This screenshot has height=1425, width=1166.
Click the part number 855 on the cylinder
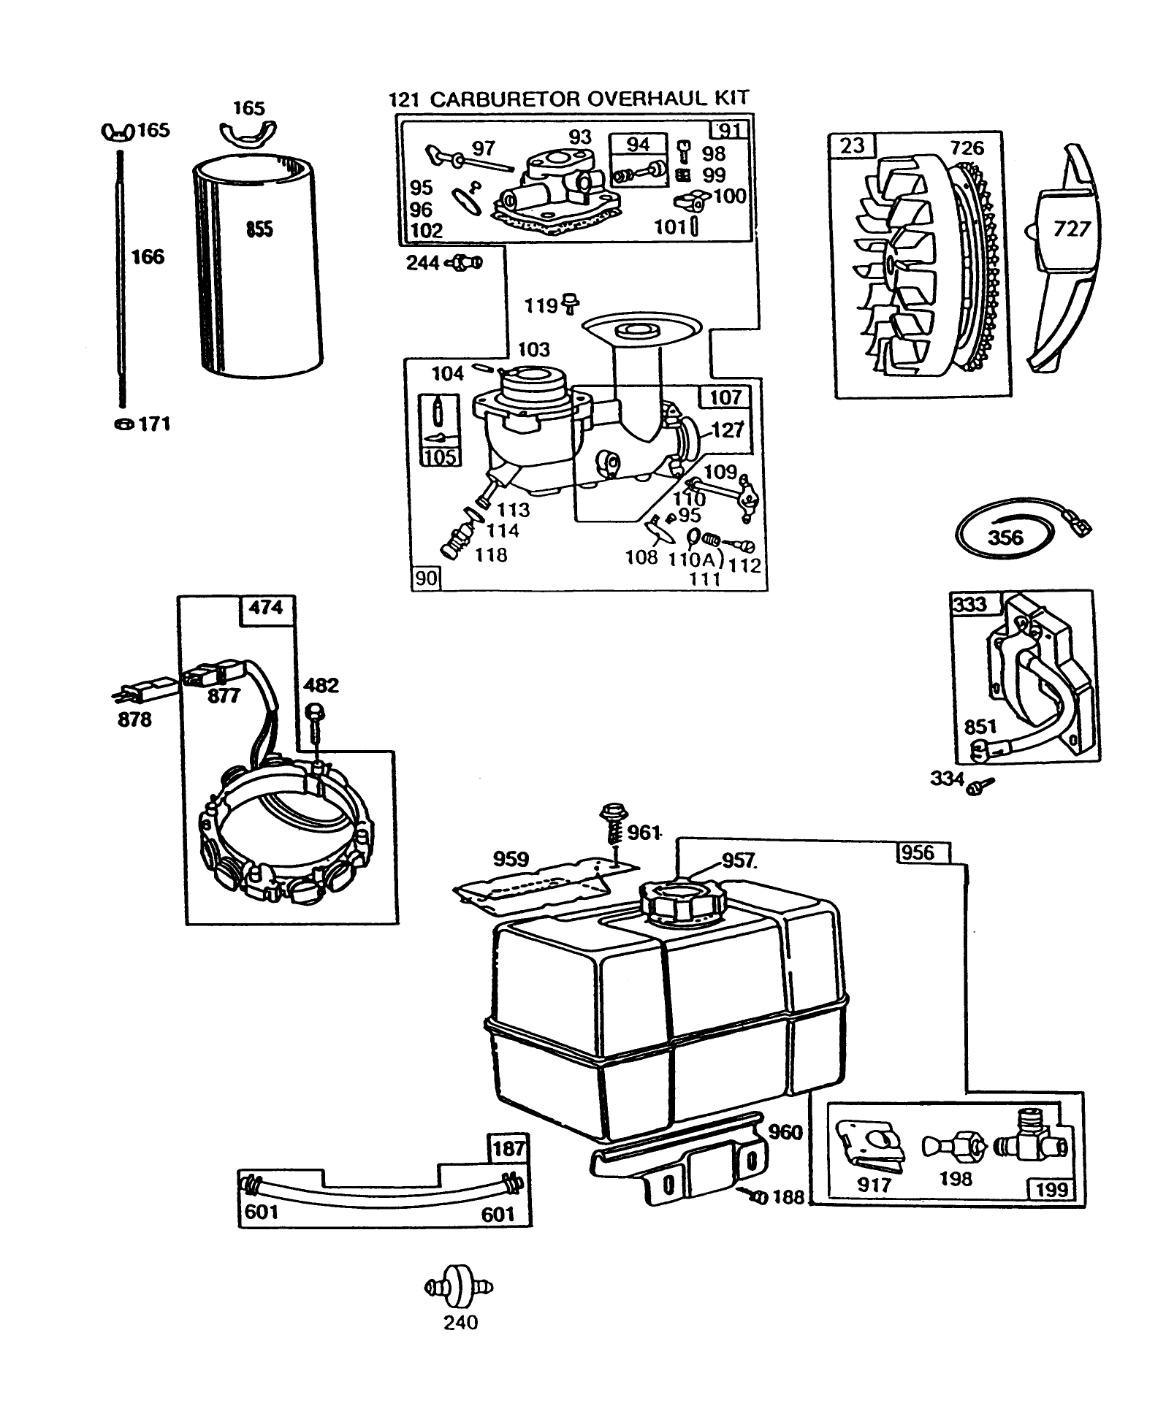[259, 229]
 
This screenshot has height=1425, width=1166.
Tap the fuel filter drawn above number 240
[459, 1288]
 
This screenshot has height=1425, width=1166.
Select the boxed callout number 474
[266, 608]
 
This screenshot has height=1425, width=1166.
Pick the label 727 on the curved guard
[1072, 229]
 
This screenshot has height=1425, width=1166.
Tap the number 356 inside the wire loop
[1006, 538]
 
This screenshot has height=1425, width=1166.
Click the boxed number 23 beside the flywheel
[852, 145]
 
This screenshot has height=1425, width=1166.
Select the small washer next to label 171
[123, 424]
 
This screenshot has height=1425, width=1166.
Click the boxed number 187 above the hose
[508, 1149]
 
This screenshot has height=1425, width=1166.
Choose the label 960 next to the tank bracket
[785, 1133]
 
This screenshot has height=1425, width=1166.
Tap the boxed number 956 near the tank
[918, 852]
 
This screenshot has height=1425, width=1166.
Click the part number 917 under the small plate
[874, 1185]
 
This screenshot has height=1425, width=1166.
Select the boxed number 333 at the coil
[970, 604]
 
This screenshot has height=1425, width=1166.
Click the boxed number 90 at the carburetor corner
[426, 578]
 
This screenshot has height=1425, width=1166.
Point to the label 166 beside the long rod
[148, 257]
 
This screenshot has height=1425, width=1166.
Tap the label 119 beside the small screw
[541, 305]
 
